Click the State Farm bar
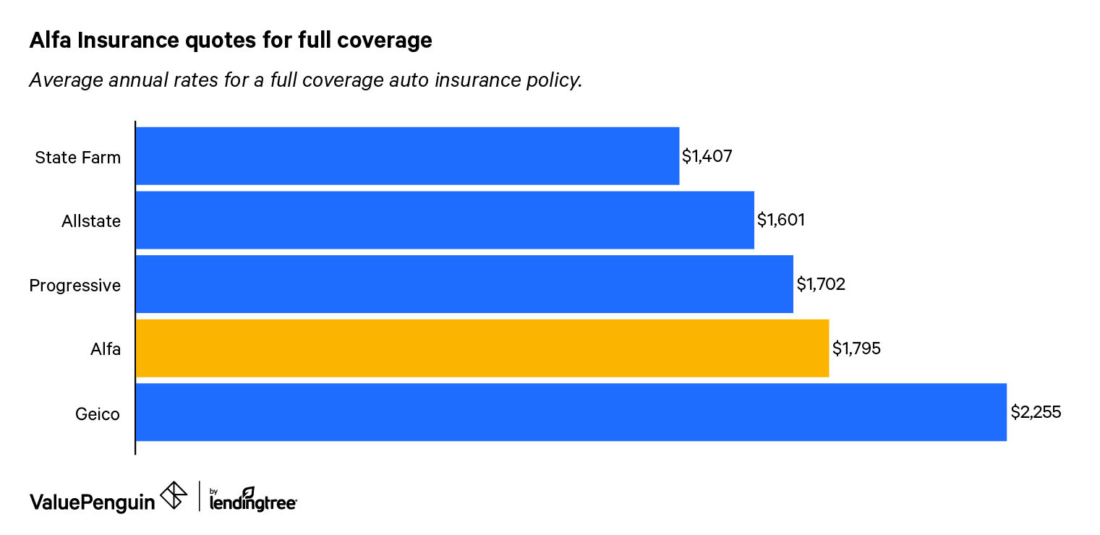tap(407, 156)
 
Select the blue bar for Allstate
tap(445, 220)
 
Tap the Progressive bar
tap(464, 284)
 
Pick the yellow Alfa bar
tap(482, 348)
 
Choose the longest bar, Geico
tap(571, 412)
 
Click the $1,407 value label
tap(707, 157)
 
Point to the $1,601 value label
tap(781, 221)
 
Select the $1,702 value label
tap(821, 285)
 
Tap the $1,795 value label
tap(856, 349)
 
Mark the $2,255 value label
tap(1036, 413)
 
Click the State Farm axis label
tap(77, 158)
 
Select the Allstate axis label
tap(91, 221)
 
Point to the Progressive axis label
tap(74, 286)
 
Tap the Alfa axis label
tap(105, 350)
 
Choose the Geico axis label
tap(98, 414)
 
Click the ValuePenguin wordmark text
tap(92, 502)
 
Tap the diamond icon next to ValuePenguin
tap(174, 495)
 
